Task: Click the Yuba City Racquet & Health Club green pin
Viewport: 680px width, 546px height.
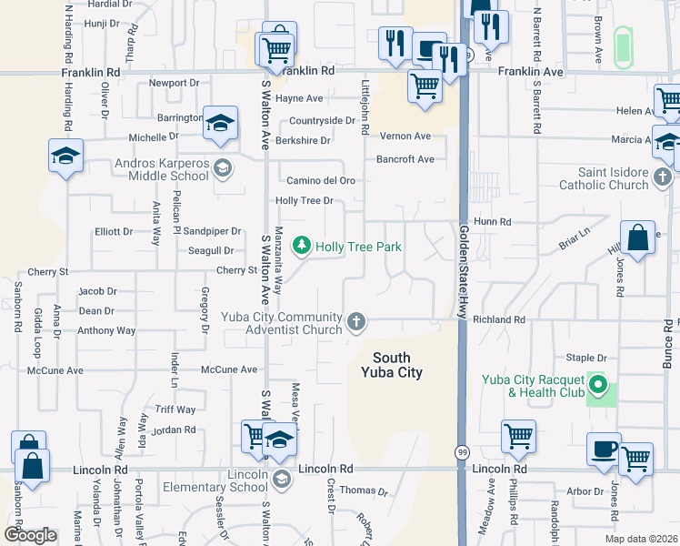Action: [x=598, y=385]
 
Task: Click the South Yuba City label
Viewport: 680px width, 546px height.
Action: [x=391, y=365]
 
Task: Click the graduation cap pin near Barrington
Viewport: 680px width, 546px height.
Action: [x=220, y=122]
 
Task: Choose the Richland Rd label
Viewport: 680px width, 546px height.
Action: [x=499, y=319]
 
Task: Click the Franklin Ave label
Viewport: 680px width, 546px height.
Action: [x=530, y=70]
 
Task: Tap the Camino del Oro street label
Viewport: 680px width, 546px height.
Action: [x=321, y=180]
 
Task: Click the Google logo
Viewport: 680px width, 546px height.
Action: [x=30, y=535]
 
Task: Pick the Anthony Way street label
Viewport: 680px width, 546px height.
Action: [x=106, y=330]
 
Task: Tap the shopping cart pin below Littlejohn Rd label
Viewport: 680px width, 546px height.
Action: [x=425, y=86]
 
